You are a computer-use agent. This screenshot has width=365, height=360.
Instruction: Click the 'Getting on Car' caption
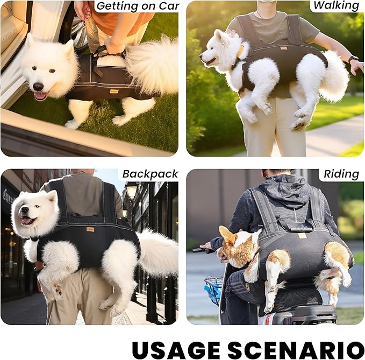tap(137, 6)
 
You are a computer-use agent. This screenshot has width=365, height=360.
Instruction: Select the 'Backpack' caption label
tap(149, 174)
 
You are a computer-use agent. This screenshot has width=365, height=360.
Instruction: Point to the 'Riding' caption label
tap(341, 174)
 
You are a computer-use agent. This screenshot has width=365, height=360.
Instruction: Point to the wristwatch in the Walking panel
tap(353, 59)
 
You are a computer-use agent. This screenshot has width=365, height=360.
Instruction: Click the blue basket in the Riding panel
tap(213, 290)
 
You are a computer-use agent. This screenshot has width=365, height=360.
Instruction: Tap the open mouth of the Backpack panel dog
tap(27, 220)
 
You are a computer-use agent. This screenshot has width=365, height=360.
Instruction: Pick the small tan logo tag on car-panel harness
tap(114, 91)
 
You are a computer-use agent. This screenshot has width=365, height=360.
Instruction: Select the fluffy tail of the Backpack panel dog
tap(158, 253)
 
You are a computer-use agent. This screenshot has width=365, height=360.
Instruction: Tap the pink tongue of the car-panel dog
tap(40, 96)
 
